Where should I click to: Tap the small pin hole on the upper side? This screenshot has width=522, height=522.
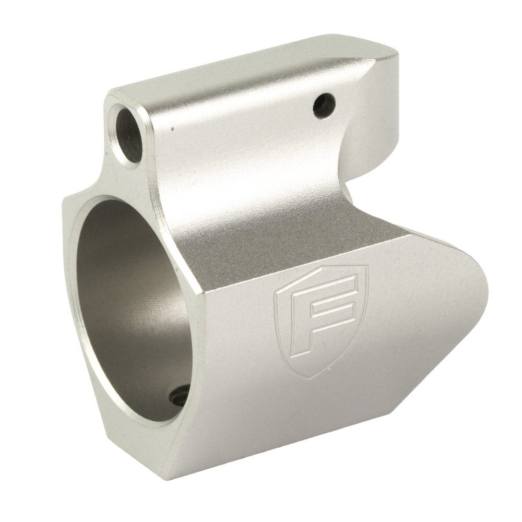[324, 105]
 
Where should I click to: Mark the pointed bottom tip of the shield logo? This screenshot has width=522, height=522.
[312, 377]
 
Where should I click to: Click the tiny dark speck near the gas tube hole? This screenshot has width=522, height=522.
[172, 127]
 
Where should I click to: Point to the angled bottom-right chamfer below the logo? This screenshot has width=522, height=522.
[418, 397]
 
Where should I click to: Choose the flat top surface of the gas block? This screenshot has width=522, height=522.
[251, 68]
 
